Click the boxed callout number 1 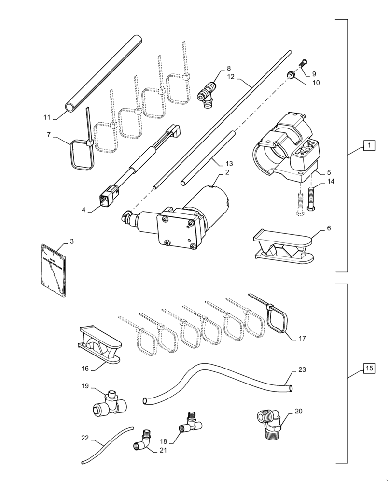click(368, 145)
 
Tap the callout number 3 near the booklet click(71, 241)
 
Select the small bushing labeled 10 click(292, 75)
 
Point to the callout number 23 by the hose click(302, 370)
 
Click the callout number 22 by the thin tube click(85, 438)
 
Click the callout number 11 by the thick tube click(47, 117)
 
